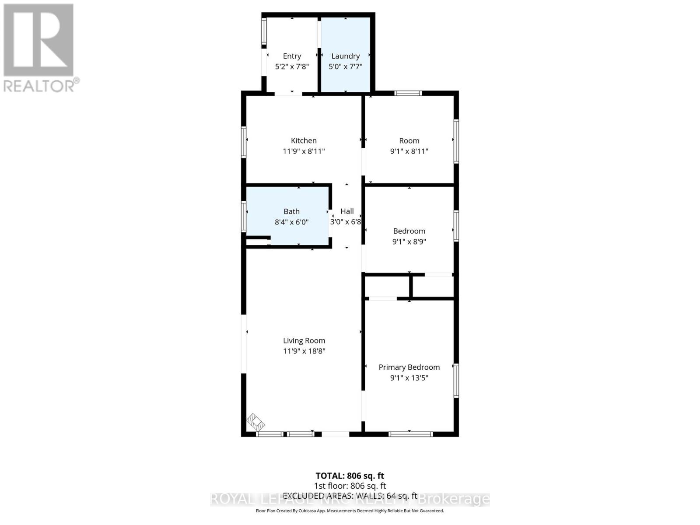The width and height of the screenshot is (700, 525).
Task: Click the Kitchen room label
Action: (304, 140)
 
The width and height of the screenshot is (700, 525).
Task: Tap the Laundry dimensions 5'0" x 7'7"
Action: (345, 66)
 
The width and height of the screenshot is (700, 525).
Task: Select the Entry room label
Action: (292, 56)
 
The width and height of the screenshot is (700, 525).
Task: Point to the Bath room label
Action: (291, 211)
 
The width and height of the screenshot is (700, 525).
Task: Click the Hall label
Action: (347, 211)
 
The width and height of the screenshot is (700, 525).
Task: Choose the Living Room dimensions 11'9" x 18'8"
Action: (304, 351)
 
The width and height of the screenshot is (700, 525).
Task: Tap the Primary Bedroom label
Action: (409, 367)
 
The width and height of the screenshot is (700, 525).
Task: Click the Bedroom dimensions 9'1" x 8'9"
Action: (409, 241)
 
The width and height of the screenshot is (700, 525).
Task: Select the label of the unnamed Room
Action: (409, 140)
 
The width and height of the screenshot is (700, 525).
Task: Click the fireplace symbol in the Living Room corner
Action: (255, 422)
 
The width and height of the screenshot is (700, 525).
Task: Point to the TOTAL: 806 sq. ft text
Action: (350, 476)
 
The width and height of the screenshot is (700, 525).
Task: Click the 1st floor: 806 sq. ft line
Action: (350, 486)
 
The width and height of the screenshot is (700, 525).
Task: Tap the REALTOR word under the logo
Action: (42, 85)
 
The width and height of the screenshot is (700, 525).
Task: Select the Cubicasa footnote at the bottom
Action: (350, 511)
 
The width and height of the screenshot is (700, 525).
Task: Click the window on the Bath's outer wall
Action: (244, 216)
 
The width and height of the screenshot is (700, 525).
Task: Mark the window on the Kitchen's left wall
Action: (244, 142)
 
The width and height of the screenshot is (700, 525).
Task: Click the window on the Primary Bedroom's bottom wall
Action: (410, 434)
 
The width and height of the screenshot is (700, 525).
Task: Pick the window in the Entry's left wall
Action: (264, 32)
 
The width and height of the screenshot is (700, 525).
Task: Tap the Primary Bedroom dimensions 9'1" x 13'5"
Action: (409, 378)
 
